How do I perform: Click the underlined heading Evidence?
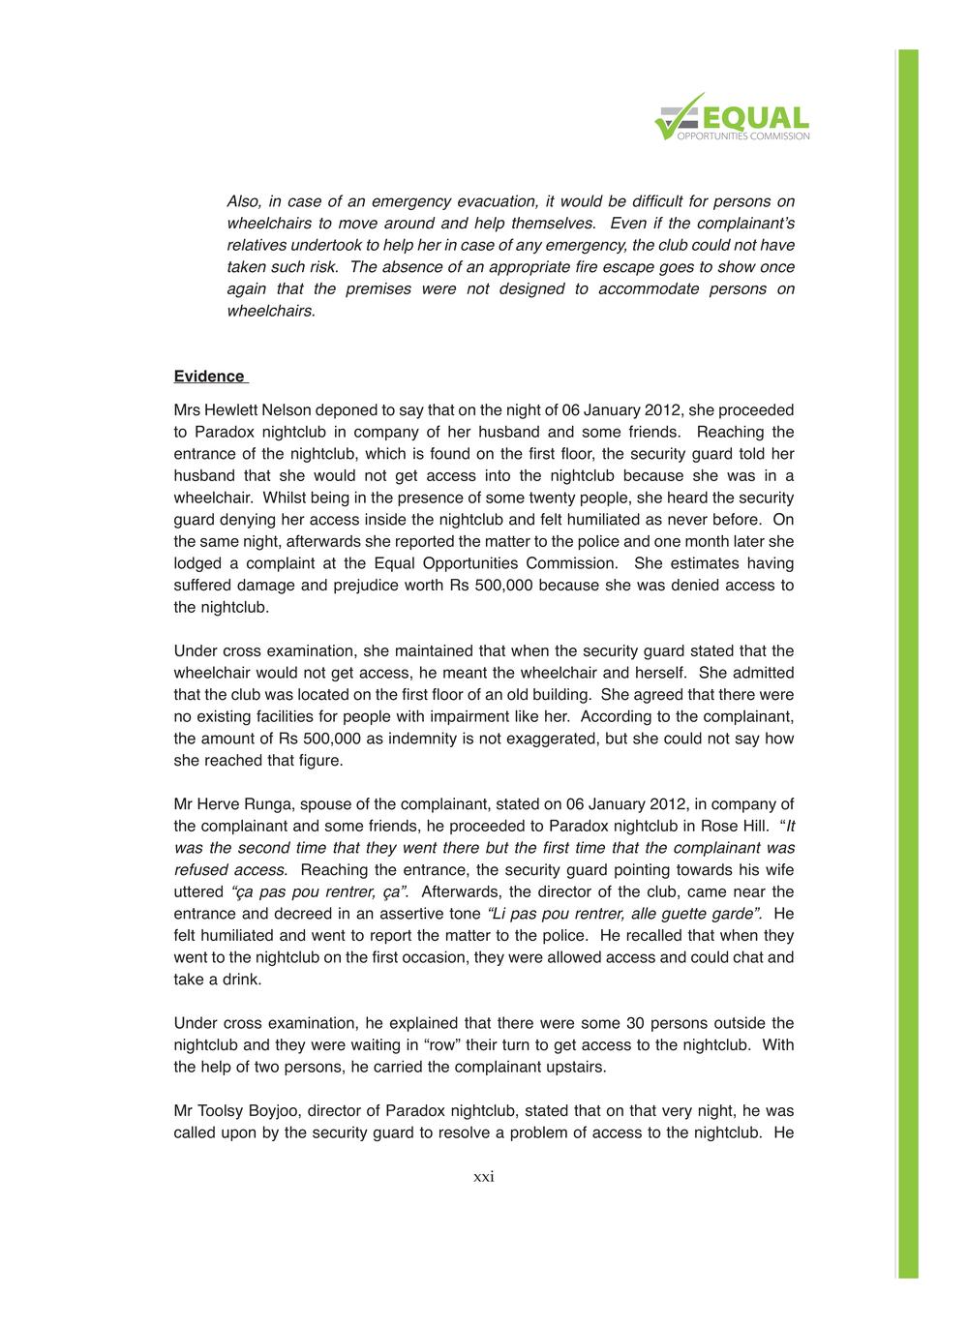209,377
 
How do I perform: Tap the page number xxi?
484,1177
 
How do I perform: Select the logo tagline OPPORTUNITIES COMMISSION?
743,136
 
